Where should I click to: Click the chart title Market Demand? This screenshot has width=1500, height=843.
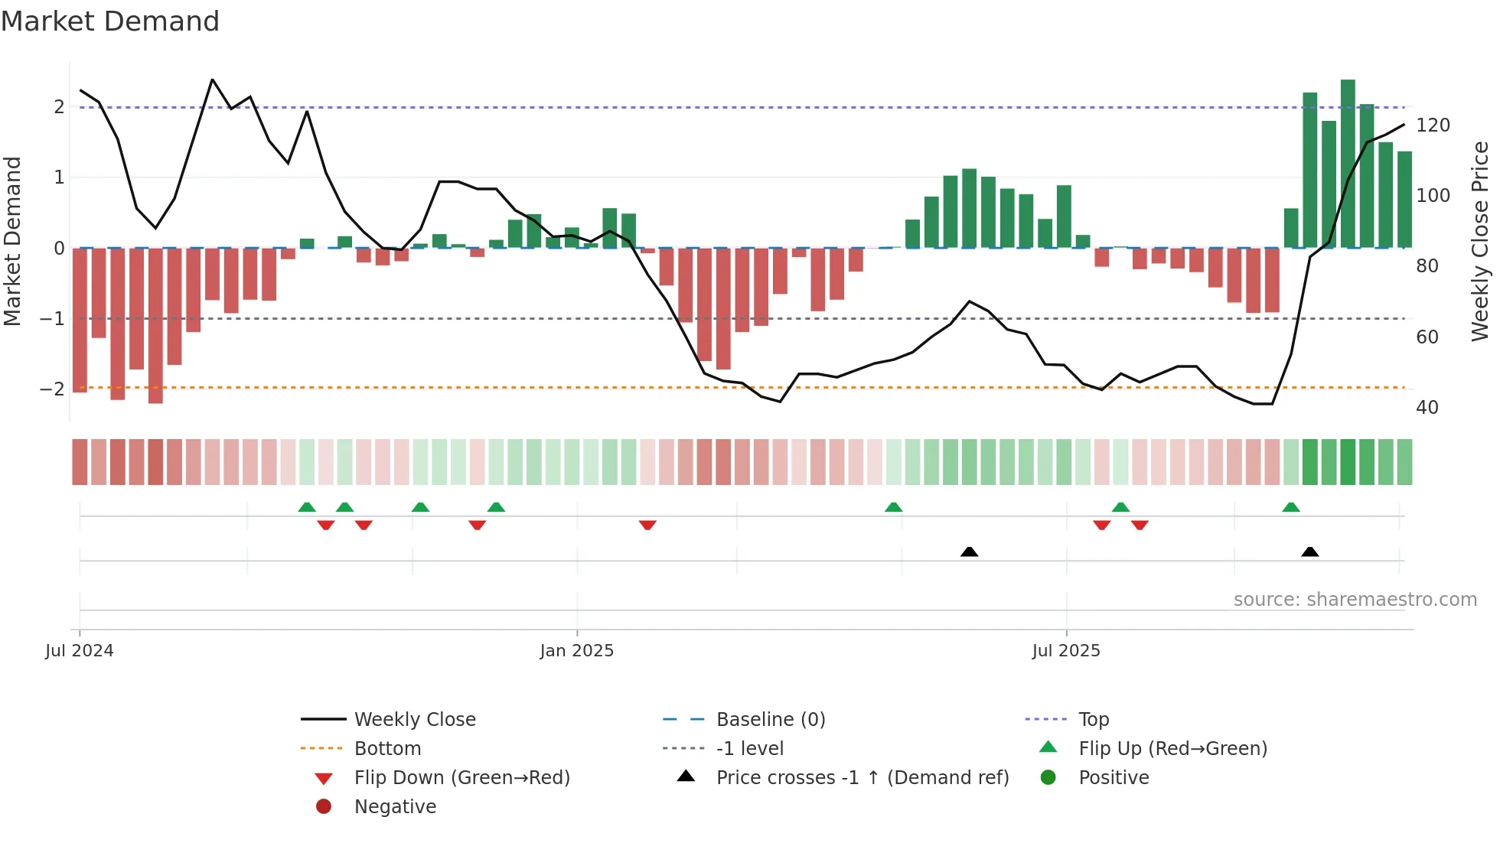110,21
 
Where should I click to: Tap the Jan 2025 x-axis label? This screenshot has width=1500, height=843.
576,651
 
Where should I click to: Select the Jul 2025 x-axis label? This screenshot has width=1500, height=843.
1065,651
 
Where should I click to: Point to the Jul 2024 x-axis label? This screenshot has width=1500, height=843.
79,651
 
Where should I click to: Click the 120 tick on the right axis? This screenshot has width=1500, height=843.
1433,125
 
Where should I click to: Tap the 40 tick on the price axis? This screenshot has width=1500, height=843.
1427,408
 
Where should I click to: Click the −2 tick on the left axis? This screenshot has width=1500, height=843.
52,389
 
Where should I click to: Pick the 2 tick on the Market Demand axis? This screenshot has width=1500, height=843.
59,107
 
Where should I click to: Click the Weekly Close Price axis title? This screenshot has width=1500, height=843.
1480,241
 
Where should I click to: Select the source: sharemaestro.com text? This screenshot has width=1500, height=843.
1355,600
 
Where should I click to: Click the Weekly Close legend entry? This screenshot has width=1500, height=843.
414,720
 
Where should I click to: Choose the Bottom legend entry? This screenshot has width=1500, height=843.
387,749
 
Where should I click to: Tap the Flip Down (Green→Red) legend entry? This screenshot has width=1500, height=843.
461,778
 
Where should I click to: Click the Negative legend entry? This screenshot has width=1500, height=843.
395,807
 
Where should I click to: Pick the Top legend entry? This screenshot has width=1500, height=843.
1094,720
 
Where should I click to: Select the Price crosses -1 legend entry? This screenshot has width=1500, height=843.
862,778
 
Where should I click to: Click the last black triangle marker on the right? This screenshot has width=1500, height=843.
1309,552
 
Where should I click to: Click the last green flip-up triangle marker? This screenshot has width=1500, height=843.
1291,507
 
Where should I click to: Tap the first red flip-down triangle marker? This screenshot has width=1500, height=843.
326,525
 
